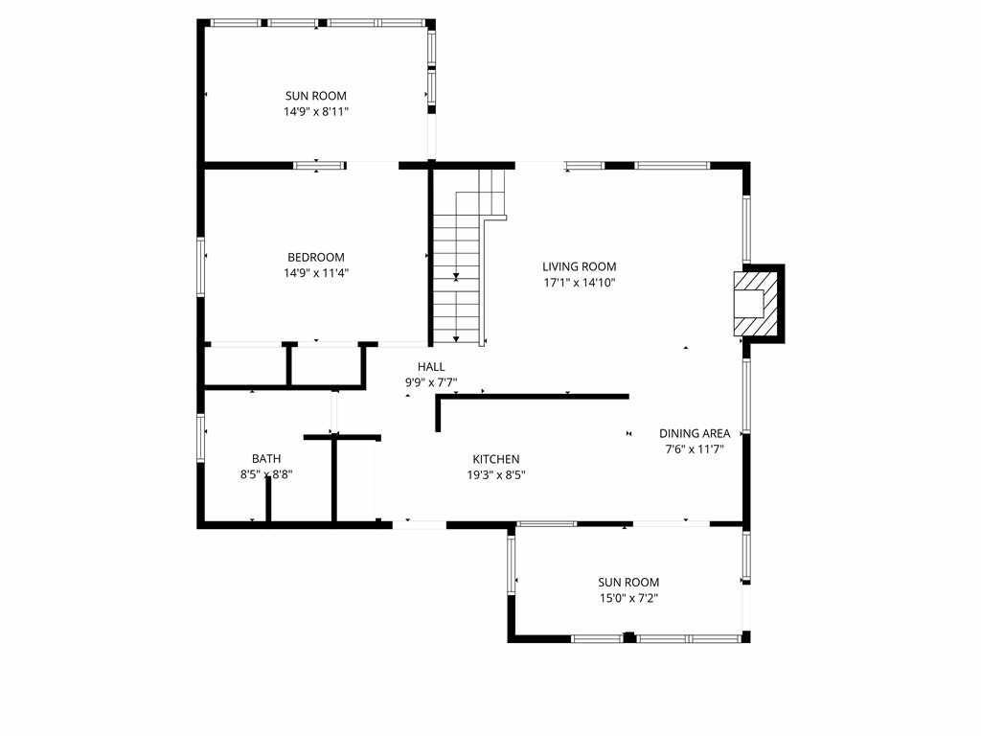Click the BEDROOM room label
coord(316,257)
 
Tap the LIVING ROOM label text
coord(580,266)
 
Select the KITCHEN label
coord(496,459)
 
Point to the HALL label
coord(431,367)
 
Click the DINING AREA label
coord(695,433)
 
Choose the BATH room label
coord(266,459)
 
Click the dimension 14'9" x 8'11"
coord(316,112)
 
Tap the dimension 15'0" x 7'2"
coord(628,598)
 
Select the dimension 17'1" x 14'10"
coord(580,283)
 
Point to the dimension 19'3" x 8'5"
coord(496,475)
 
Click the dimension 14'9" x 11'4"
coord(316,273)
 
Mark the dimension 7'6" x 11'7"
coord(695,449)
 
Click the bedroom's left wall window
coord(201,266)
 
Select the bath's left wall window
coord(201,438)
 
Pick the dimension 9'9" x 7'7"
coord(431,382)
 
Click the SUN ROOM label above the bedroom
coord(316,96)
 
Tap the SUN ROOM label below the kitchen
coord(628,582)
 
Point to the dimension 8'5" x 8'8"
coord(266,475)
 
